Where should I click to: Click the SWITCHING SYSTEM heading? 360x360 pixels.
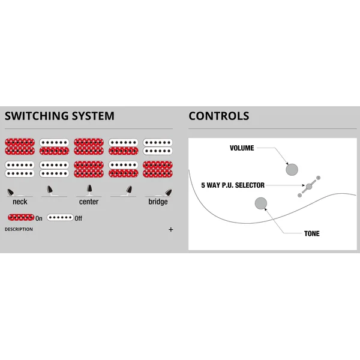click(59, 116)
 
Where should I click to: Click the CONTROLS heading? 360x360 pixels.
click(219, 116)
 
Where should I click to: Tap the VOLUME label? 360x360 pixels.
click(242, 148)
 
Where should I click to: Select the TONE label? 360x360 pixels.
click(312, 233)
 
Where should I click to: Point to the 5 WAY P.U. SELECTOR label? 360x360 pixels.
click(233, 185)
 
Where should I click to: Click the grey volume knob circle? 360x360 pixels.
click(292, 170)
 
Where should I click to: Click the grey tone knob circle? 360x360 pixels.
click(261, 203)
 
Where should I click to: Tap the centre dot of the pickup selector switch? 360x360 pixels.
click(309, 187)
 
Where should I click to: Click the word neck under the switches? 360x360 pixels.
click(20, 202)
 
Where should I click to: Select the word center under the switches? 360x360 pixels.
click(89, 202)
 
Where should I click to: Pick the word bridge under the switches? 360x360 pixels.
click(158, 202)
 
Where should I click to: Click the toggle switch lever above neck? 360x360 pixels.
click(11, 192)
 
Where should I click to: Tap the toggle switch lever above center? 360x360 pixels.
click(89, 188)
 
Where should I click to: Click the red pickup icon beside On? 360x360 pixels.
click(21, 217)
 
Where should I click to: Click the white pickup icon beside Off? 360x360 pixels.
click(60, 217)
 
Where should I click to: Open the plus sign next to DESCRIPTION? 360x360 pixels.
click(171, 230)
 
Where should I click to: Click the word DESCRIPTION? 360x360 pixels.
click(19, 229)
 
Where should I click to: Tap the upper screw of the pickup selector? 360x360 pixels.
click(318, 178)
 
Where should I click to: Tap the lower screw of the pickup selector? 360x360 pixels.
click(299, 196)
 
